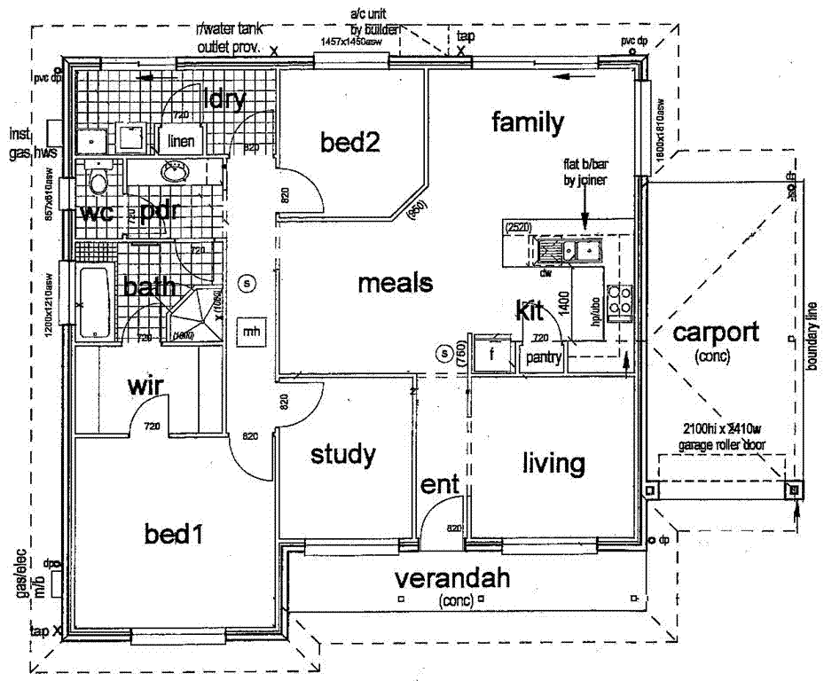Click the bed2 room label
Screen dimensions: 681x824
coord(350,142)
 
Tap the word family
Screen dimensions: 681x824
coord(528,122)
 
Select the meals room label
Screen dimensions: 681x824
coord(395,284)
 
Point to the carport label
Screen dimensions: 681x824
coord(715,333)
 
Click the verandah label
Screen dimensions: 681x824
coord(452,580)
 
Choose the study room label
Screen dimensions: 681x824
coord(342,456)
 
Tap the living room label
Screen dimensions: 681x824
coord(553,463)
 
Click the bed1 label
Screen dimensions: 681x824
coord(175,535)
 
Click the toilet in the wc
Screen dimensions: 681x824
coord(98,183)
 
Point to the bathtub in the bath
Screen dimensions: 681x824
coord(92,303)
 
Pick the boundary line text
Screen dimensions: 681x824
coord(811,337)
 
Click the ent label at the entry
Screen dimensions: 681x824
coord(440,485)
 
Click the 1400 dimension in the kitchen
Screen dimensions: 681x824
coord(562,305)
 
